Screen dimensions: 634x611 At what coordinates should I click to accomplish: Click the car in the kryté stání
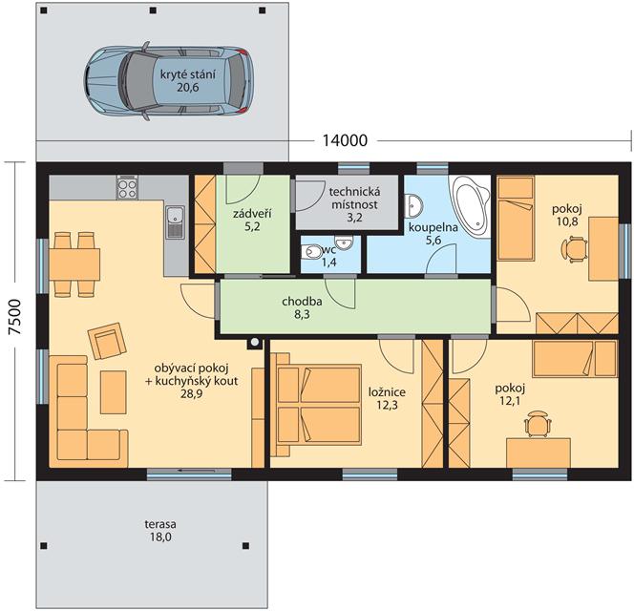point(169,81)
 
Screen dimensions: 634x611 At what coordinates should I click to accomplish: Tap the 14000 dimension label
point(345,140)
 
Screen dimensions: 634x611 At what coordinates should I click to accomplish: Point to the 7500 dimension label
point(15,317)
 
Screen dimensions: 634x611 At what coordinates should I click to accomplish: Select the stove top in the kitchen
point(127,187)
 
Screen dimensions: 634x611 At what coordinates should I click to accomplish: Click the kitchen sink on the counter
point(175,221)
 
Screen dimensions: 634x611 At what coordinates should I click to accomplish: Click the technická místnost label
point(354,204)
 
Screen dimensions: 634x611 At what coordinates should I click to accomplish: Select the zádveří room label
point(252,220)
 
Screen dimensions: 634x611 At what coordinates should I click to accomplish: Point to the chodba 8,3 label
point(302,307)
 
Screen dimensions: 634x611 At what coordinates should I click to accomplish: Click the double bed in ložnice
point(316,405)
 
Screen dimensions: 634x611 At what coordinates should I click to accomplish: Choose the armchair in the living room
point(107,341)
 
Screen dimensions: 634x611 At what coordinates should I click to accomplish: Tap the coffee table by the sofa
point(113,392)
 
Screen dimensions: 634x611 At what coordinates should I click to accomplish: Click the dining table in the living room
point(74,264)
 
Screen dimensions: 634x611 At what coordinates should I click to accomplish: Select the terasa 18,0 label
point(160,531)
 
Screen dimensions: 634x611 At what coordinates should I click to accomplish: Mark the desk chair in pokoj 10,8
point(574,249)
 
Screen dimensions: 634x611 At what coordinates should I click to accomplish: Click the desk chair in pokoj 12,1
point(538,424)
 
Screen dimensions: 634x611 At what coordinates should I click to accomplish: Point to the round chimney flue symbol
point(255,343)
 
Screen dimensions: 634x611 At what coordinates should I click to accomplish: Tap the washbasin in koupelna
point(413,204)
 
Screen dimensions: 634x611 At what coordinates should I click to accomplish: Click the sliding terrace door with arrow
point(189,471)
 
